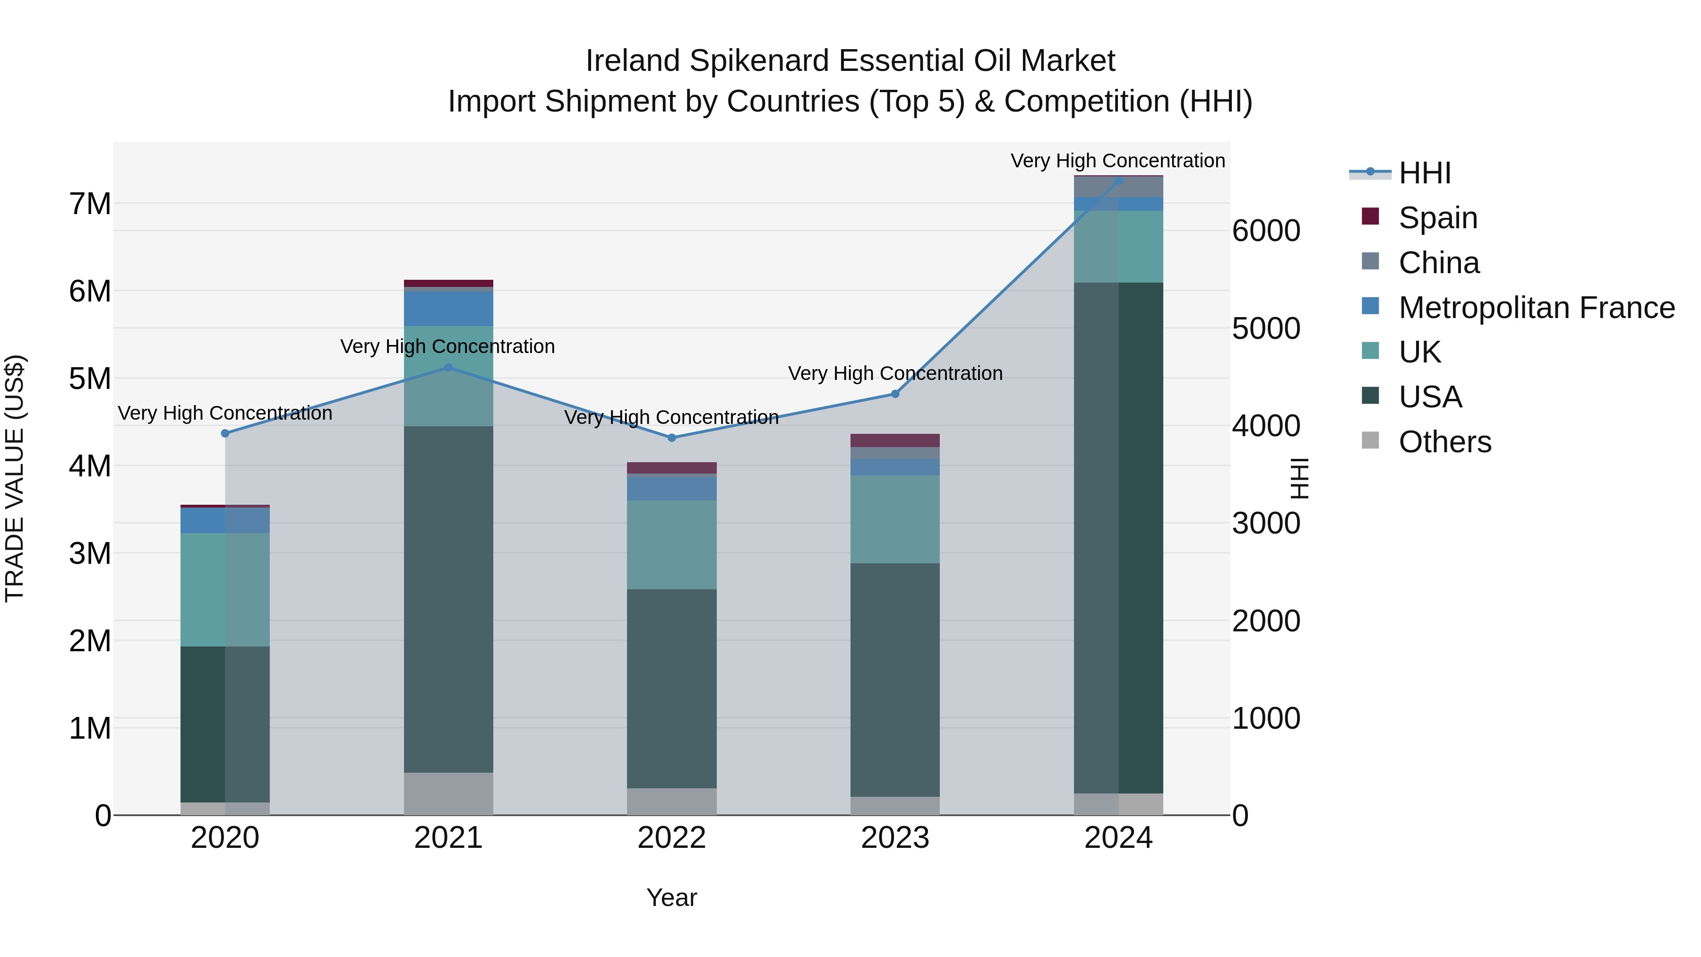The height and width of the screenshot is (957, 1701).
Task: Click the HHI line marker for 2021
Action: pyautogui.click(x=448, y=368)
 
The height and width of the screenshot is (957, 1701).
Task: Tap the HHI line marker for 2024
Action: pyautogui.click(x=1118, y=181)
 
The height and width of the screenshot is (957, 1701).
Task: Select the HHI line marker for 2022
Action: pyautogui.click(x=671, y=438)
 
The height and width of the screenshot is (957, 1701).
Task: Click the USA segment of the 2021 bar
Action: pyautogui.click(x=448, y=599)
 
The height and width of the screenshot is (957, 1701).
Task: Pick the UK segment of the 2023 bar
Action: pyautogui.click(x=895, y=519)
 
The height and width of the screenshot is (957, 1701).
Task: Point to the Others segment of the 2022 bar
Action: pyautogui.click(x=671, y=801)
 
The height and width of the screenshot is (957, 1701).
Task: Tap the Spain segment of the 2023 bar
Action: pyautogui.click(x=895, y=440)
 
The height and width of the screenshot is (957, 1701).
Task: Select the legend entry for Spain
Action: pyautogui.click(x=1437, y=218)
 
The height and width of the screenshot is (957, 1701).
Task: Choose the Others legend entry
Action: pyautogui.click(x=1444, y=442)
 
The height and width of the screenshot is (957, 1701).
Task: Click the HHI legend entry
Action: pyautogui.click(x=1424, y=173)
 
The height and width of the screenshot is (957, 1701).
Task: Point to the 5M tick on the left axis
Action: pyautogui.click(x=90, y=379)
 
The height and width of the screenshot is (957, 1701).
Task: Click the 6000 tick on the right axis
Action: pyautogui.click(x=1266, y=231)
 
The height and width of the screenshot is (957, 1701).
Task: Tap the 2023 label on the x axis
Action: pyautogui.click(x=895, y=838)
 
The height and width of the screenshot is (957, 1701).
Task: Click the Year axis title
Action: pyautogui.click(x=671, y=897)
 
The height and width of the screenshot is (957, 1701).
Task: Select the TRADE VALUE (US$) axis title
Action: pyautogui.click(x=15, y=478)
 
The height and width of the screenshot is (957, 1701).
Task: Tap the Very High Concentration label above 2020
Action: pyautogui.click(x=225, y=414)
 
